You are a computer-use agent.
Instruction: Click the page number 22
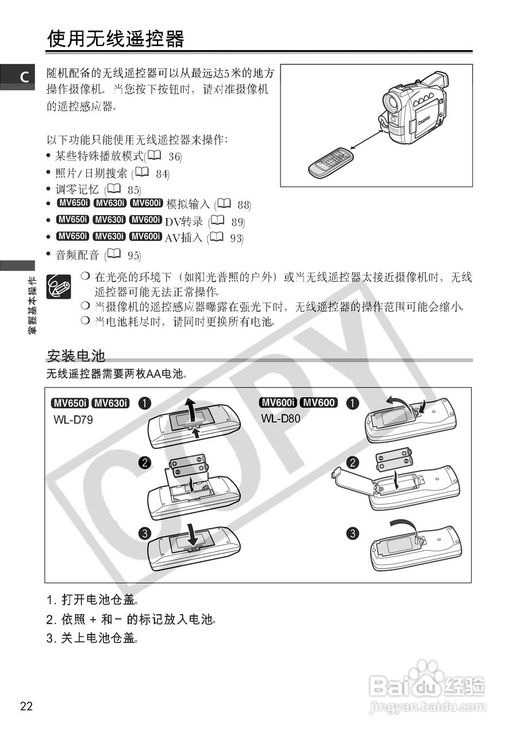(x=26, y=706)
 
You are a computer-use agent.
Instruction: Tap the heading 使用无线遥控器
(x=116, y=39)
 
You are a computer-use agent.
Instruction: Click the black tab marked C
(x=18, y=76)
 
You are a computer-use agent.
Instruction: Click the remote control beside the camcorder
(x=330, y=162)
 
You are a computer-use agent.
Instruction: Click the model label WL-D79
(x=73, y=420)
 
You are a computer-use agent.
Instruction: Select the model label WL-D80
(x=280, y=418)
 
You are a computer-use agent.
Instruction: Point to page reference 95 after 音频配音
(x=134, y=255)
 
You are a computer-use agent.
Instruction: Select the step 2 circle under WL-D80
(x=353, y=462)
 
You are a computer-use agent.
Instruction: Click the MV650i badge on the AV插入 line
(x=72, y=236)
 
